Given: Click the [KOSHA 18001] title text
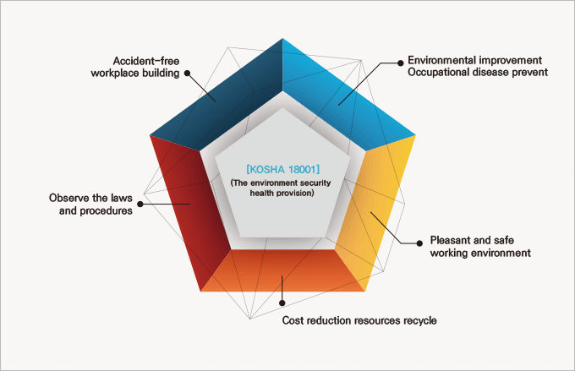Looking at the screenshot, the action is (x=282, y=169).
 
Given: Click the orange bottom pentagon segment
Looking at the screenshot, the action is (x=282, y=271).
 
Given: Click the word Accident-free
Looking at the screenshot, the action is (x=146, y=61).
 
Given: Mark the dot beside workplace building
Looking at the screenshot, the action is (x=187, y=73).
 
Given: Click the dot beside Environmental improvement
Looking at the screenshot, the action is (x=401, y=63).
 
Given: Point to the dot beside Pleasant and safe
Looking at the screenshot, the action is (x=419, y=243).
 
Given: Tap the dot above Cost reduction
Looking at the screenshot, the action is (x=282, y=303).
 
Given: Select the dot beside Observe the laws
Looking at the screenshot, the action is (x=140, y=204).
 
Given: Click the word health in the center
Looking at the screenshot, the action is (x=260, y=193).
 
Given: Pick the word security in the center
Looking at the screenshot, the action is (x=315, y=183).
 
